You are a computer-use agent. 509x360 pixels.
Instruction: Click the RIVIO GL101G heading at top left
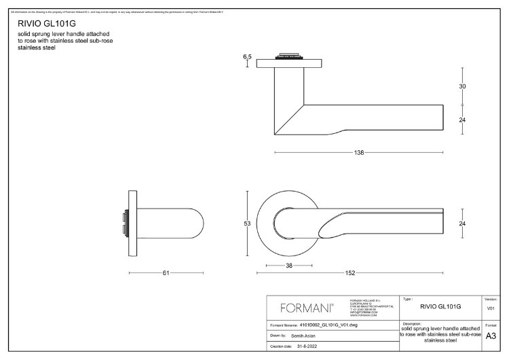42,22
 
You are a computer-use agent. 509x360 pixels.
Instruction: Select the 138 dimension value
359,153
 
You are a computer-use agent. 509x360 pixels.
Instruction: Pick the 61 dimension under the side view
166,274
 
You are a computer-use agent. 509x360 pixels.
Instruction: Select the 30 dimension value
462,87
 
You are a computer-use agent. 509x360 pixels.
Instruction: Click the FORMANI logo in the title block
307,308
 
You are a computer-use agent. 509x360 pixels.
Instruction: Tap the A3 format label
491,336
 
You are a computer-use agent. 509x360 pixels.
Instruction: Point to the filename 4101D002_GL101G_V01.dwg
328,326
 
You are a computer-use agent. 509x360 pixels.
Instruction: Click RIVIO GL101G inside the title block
440,307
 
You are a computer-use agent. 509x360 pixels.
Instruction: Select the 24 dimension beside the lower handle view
462,223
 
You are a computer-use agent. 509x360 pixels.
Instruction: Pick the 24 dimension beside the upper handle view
462,120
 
